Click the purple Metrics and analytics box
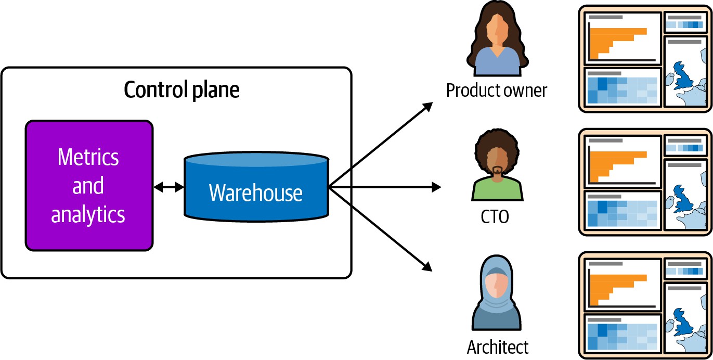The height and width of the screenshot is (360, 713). click(x=89, y=186)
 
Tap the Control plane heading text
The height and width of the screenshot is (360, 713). click(x=182, y=90)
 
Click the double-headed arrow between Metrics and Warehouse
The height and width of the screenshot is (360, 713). click(x=168, y=187)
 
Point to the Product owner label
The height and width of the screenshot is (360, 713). click(x=496, y=91)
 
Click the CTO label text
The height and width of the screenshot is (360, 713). click(x=495, y=216)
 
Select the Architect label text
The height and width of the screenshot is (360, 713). click(x=497, y=346)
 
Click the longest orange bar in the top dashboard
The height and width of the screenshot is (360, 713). click(x=618, y=31)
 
